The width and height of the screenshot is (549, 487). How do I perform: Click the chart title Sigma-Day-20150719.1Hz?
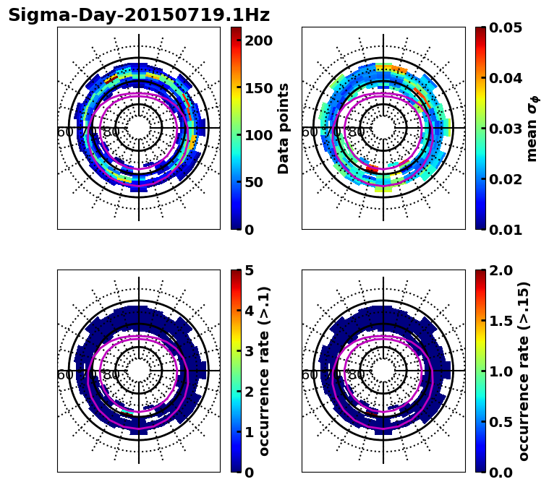pos(139,15)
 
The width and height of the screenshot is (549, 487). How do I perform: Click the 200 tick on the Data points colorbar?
pos(258,40)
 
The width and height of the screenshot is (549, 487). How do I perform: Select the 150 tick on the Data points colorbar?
pos(258,88)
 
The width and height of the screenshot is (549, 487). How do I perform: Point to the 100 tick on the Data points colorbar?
pos(258,135)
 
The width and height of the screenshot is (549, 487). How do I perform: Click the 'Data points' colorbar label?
pos(284,129)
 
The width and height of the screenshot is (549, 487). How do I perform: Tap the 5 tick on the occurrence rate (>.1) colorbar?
pos(250,270)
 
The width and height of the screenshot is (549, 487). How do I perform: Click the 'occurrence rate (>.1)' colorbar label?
pos(265,371)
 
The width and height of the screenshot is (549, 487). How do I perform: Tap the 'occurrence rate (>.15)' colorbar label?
pos(524,371)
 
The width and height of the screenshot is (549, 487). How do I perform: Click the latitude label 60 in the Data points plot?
pos(64,132)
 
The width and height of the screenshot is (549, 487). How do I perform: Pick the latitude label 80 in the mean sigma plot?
pos(356,132)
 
